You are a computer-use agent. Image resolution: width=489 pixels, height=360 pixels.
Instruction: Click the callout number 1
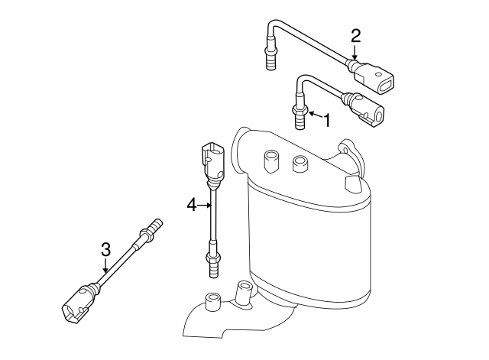click(x=326, y=120)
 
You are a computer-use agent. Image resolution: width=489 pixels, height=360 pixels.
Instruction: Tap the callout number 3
click(x=106, y=248)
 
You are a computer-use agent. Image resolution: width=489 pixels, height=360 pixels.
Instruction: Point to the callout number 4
click(x=192, y=203)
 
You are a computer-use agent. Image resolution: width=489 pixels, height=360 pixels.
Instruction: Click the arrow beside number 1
click(x=313, y=118)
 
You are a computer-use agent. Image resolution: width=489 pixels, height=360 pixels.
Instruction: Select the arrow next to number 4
click(x=205, y=203)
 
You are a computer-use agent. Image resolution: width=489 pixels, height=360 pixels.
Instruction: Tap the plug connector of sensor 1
click(x=369, y=110)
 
